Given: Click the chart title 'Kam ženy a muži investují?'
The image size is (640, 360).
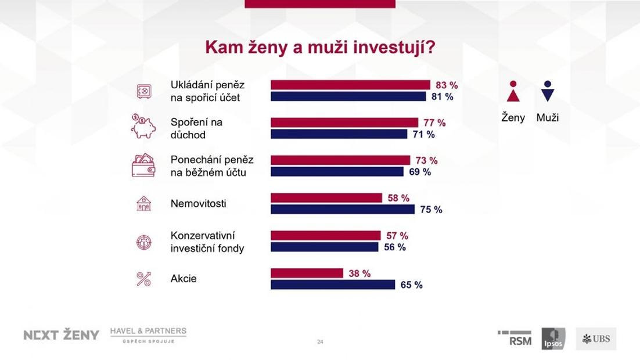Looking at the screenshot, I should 320,47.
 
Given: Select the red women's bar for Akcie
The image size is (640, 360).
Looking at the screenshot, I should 307,273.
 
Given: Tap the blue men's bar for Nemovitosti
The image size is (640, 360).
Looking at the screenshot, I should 343,209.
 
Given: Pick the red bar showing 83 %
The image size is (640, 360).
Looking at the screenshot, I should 350,85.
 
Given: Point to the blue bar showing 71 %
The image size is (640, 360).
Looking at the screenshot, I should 339,134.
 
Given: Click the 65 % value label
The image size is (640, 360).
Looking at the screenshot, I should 411,285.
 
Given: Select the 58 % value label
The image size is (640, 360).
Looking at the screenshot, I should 398,198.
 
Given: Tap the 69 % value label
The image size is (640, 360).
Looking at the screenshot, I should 419,172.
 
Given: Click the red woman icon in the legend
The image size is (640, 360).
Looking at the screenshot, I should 513,92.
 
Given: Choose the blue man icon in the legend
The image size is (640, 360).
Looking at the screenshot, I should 546,92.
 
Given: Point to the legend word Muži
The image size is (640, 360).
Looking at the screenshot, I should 547,117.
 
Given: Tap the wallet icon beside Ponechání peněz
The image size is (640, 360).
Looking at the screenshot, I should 143,165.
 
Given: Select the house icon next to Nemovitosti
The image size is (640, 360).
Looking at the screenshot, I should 143,203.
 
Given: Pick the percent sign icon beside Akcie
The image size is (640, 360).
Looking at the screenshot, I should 143,279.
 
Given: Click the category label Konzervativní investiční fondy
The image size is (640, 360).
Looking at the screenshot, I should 207,242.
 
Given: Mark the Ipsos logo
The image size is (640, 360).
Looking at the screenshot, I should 553,339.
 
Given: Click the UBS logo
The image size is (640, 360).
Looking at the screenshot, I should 596,339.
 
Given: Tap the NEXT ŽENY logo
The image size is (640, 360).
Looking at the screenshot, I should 61,335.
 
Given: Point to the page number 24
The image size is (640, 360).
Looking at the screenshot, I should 320,342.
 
